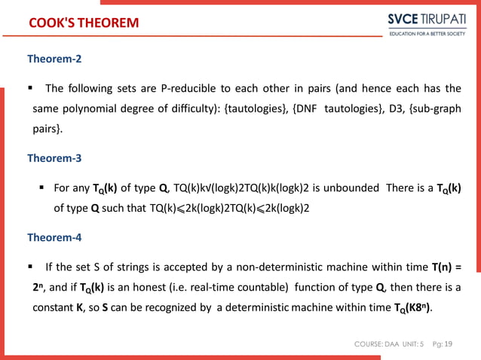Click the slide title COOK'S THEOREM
coord(83,23)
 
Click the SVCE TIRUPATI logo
coord(427,19)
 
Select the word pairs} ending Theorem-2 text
coord(47,130)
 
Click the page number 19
coord(449,344)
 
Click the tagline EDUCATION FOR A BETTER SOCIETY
coord(427,33)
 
